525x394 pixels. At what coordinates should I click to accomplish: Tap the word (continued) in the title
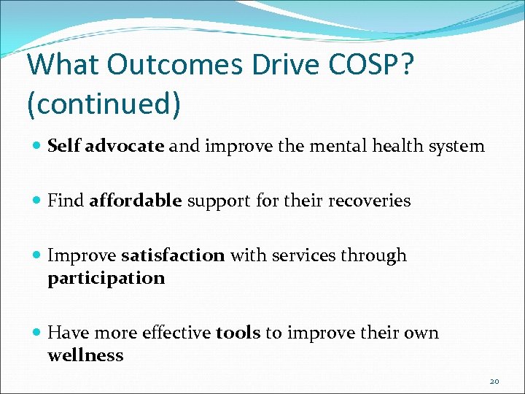tap(104, 104)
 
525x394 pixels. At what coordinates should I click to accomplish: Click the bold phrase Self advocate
tap(106, 146)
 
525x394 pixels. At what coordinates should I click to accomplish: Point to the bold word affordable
tap(136, 201)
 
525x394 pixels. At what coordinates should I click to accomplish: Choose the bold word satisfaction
tap(173, 255)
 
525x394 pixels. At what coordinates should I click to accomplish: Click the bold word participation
tap(106, 278)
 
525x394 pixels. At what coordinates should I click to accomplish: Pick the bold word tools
tap(238, 333)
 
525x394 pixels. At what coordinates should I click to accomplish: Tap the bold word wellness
tap(85, 355)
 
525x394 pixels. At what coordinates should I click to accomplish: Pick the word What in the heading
tap(59, 65)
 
